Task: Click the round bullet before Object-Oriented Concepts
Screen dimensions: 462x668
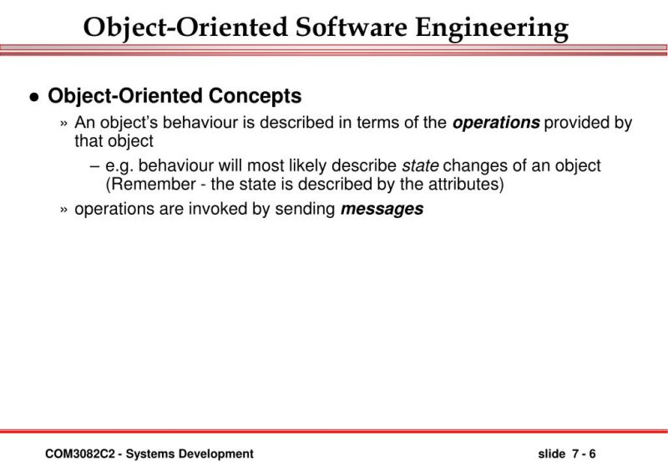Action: tap(33, 97)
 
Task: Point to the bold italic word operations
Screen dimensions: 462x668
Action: tap(496, 123)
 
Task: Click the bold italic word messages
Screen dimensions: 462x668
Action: tap(382, 209)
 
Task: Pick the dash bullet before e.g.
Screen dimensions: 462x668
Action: tap(95, 166)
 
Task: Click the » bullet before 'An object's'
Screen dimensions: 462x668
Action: tap(64, 124)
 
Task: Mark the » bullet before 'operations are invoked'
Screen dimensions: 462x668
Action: tap(64, 210)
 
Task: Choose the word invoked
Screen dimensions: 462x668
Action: tap(218, 209)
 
